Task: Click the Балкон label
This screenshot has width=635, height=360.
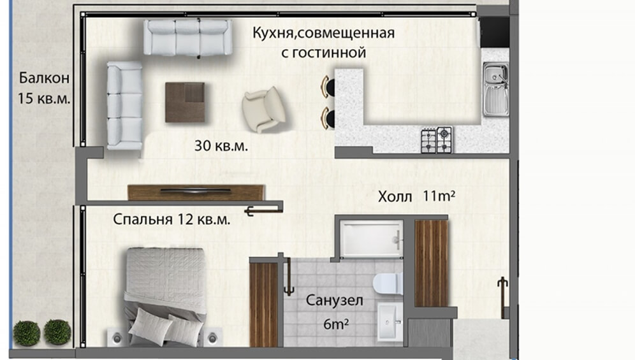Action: [x=44, y=78]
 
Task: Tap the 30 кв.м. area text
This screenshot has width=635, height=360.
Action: [x=221, y=146]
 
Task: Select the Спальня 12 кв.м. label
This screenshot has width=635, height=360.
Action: [x=172, y=219]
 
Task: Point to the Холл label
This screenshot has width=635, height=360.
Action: [x=395, y=198]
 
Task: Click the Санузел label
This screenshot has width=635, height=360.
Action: [x=334, y=301]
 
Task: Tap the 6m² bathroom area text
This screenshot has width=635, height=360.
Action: [x=336, y=324]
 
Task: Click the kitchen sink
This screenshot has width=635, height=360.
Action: [x=495, y=89]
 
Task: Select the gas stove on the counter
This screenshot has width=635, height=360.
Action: [x=437, y=140]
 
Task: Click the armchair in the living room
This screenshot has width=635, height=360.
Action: [x=264, y=110]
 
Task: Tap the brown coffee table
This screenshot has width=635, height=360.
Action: [x=185, y=102]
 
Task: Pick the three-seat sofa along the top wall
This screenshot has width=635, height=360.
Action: [x=187, y=38]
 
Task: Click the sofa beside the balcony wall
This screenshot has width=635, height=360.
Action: [x=124, y=105]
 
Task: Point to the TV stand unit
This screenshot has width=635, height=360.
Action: [x=196, y=193]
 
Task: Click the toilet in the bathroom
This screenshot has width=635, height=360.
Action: [x=388, y=284]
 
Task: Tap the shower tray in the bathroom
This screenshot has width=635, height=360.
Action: [x=371, y=239]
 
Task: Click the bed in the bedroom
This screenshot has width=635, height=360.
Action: [x=165, y=297]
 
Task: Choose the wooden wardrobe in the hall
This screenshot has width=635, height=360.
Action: [x=431, y=263]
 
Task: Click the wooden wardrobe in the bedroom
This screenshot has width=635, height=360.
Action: [x=264, y=305]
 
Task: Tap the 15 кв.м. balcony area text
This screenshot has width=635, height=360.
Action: [x=44, y=98]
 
